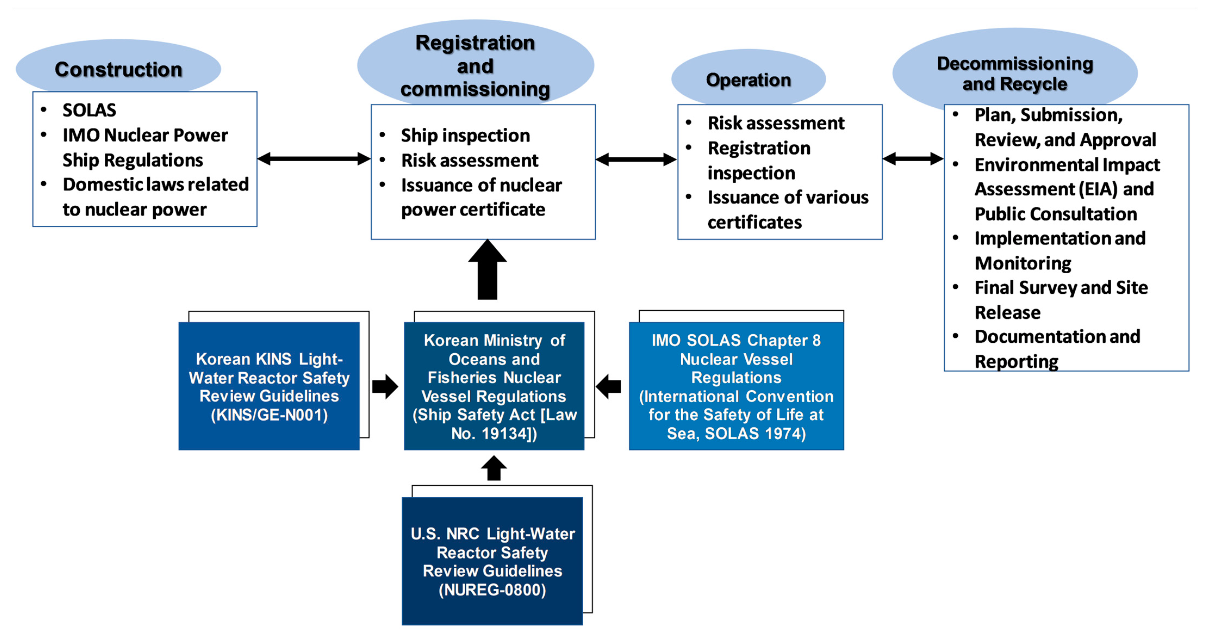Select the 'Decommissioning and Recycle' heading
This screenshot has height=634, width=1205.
(1015, 73)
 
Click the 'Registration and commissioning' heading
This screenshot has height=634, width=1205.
(475, 66)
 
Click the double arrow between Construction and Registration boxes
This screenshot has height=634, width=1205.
(314, 159)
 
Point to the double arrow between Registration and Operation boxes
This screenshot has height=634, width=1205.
(636, 160)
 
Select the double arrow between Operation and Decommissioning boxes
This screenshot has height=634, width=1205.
(913, 159)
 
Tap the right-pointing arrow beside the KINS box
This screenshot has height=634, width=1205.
(385, 386)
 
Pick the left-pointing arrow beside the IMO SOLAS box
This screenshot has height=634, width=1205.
(608, 386)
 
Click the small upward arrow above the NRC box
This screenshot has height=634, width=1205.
(494, 468)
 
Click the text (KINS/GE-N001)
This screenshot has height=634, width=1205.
(269, 415)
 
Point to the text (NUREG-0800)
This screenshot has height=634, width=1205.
(492, 590)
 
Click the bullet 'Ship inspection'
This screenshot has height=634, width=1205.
(465, 136)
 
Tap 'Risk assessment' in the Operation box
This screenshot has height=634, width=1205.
(776, 123)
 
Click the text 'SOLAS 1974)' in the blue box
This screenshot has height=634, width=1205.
(755, 434)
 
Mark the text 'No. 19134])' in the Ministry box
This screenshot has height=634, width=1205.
(494, 434)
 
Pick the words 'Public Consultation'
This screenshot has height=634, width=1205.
(1056, 214)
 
